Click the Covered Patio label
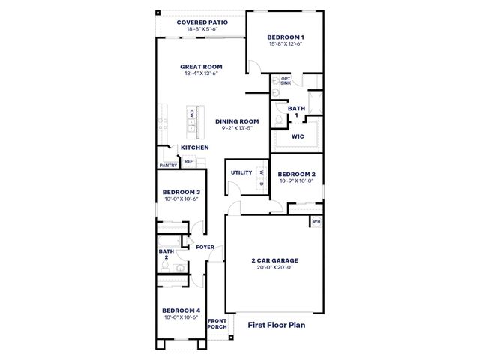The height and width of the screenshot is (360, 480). [x=202, y=22]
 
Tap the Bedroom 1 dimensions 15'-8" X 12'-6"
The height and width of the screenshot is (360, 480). [x=286, y=43]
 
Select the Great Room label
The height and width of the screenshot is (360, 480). [x=201, y=67]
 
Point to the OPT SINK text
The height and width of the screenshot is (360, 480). [x=286, y=81]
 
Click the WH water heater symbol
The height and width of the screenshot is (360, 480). [x=316, y=222]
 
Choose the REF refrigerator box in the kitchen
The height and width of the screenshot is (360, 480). [x=189, y=161]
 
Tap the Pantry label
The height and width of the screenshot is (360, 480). [x=168, y=166]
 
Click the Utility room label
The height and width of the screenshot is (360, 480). [x=241, y=172]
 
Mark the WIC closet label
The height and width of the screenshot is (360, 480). [x=298, y=136]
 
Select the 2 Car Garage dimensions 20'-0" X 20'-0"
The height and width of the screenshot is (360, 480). [x=275, y=267]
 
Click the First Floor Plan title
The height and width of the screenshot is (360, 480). [x=277, y=325]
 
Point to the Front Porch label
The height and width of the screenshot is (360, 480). [x=217, y=323]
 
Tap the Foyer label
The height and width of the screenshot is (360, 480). [x=205, y=247]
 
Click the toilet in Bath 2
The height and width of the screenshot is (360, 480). [x=165, y=267]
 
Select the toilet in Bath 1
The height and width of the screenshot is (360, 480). [x=279, y=121]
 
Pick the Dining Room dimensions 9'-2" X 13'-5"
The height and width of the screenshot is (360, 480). [x=237, y=128]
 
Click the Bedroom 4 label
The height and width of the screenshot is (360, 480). [x=181, y=310]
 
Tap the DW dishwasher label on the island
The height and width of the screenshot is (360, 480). [x=192, y=114]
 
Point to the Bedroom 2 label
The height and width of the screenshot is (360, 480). [x=297, y=175]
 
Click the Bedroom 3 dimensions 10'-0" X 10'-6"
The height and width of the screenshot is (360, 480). [x=181, y=199]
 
